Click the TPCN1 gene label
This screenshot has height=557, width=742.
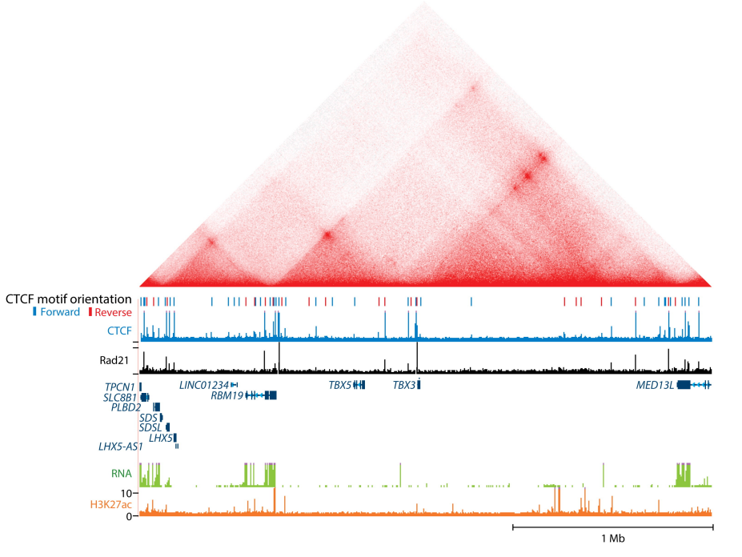pyautogui.click(x=120, y=387)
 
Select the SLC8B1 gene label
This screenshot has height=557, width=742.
pyautogui.click(x=120, y=398)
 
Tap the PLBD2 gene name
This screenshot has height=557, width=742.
pyautogui.click(x=126, y=407)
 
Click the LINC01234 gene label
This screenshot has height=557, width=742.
pyautogui.click(x=204, y=386)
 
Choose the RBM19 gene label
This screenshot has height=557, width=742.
pyautogui.click(x=227, y=395)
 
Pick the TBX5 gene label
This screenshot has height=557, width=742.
pyautogui.click(x=339, y=386)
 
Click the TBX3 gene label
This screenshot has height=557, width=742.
pyautogui.click(x=403, y=386)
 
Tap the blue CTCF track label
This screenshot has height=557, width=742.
pyautogui.click(x=120, y=330)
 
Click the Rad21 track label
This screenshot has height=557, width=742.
pyautogui.click(x=115, y=360)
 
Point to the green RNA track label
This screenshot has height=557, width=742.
pyautogui.click(x=122, y=473)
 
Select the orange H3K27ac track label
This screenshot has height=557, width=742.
pyautogui.click(x=110, y=504)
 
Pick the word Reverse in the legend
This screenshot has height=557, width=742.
pyautogui.click(x=113, y=312)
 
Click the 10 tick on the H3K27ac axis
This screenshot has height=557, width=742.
pyautogui.click(x=126, y=493)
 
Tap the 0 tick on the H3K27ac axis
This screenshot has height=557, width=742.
pyautogui.click(x=130, y=516)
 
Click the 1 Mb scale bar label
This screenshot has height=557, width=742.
pyautogui.click(x=612, y=539)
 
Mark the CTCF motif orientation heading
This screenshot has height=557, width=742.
pyautogui.click(x=69, y=299)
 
